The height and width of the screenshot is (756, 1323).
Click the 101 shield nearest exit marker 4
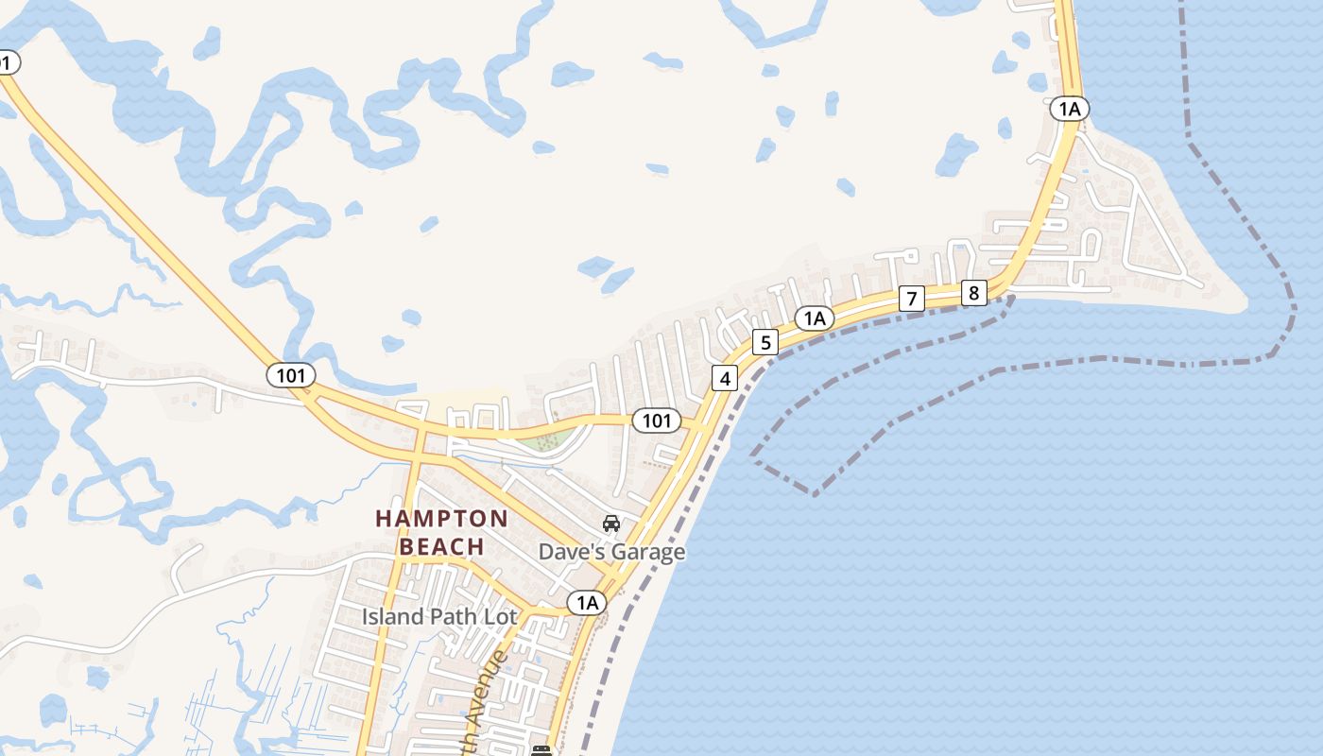[656, 421]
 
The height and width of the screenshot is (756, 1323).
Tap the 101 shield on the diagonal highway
[290, 375]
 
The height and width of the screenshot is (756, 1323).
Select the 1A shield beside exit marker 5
[815, 318]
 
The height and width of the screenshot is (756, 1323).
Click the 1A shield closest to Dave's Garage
[587, 602]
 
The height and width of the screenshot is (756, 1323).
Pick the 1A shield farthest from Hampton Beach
[1069, 109]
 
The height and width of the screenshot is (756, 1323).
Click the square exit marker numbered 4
[725, 379]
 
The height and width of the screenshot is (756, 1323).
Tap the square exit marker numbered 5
[765, 342]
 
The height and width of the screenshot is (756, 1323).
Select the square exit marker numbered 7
[911, 300]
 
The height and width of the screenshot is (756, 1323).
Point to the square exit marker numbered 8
[973, 292]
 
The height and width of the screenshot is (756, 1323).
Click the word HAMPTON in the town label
[441, 519]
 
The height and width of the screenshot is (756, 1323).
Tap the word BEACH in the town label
[441, 547]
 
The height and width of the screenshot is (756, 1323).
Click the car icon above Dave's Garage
[611, 524]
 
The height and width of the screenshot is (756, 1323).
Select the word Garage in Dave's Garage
[649, 552]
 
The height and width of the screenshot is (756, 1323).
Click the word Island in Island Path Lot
[393, 617]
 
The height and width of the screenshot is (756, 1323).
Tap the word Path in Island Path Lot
[454, 617]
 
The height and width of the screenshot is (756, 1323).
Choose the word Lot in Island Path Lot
[501, 617]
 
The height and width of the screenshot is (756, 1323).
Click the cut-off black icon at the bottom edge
[541, 750]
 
